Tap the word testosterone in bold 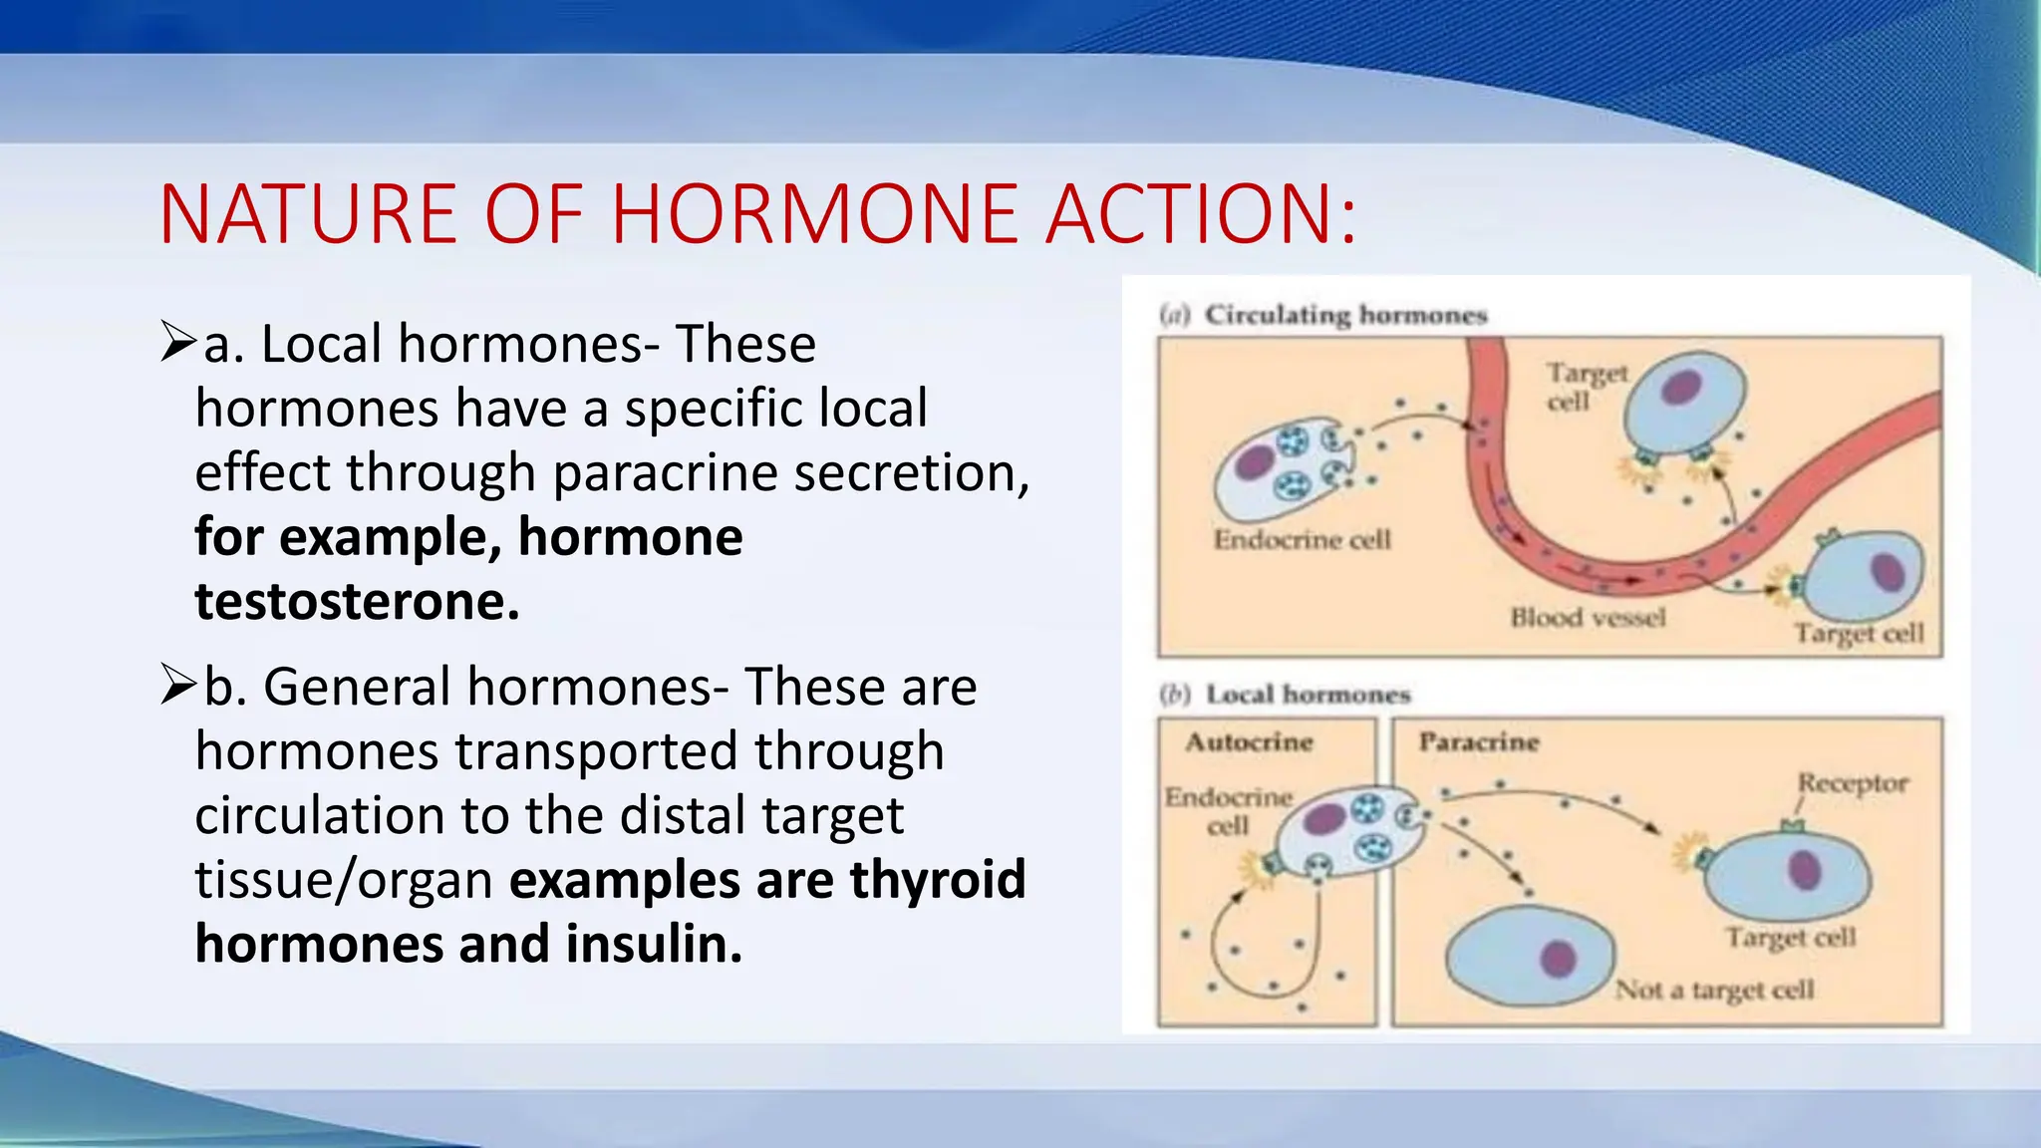[357, 601]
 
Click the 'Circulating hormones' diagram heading [1344, 315]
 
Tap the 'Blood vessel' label [1587, 618]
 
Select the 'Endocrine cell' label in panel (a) [1302, 539]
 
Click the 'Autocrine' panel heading [1249, 741]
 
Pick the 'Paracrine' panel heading [1479, 741]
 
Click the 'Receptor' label [1852, 783]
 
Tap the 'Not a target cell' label [1714, 990]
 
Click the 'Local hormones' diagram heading [1308, 695]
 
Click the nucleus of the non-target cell [1558, 959]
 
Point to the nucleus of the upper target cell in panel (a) [1680, 386]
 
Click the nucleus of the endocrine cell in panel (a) [1255, 463]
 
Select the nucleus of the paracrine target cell [1805, 869]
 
